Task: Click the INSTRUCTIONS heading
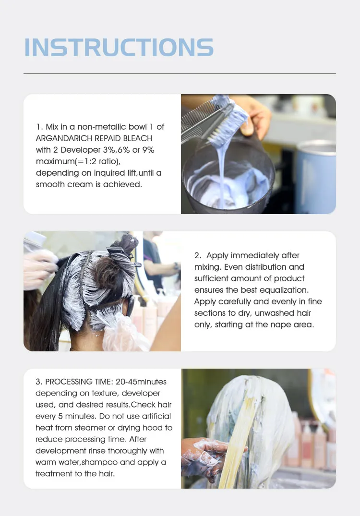(x=119, y=47)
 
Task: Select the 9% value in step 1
(x=148, y=150)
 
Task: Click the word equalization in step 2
(x=290, y=290)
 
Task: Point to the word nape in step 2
(x=279, y=325)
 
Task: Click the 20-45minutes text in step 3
(x=141, y=382)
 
